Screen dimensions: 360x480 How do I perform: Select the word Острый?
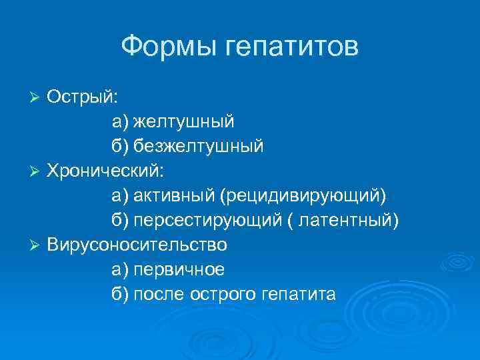point(81,96)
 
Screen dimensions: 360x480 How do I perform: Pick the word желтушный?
point(183,121)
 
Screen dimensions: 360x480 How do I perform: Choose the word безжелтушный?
point(198,146)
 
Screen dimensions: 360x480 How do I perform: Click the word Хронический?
point(105,171)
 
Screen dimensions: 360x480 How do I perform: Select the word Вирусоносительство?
point(137,245)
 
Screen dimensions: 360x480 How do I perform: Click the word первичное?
point(179,270)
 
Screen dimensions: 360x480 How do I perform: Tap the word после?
point(160,295)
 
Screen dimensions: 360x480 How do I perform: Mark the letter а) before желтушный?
point(120,121)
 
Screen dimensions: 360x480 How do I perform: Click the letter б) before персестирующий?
point(120,221)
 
